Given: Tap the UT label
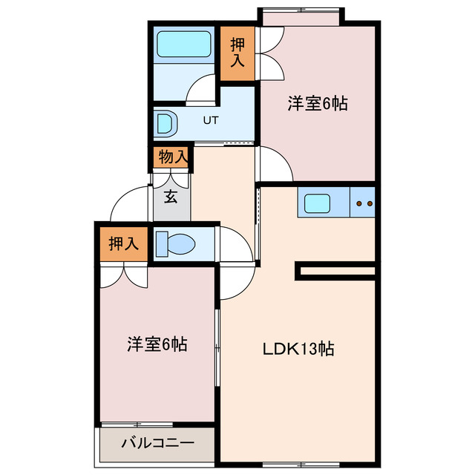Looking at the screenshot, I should (211, 120).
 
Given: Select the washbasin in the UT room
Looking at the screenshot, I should (165, 122).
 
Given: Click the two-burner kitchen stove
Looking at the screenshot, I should (364, 202).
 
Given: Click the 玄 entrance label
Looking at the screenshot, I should (171, 197).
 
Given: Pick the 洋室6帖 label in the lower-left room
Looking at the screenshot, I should (156, 344).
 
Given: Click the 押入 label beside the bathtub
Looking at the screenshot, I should (237, 52).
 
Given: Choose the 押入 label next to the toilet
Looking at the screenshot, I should (123, 243).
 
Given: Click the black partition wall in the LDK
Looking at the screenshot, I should (338, 271).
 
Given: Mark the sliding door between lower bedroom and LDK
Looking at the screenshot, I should (217, 349).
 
